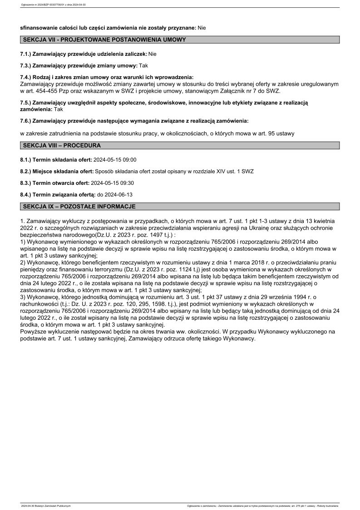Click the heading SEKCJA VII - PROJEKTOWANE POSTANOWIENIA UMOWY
[104, 40]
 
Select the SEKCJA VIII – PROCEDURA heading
[62, 146]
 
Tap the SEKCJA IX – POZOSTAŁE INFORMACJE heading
[79, 207]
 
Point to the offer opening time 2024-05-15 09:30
[113, 183]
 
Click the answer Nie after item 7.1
[153, 54]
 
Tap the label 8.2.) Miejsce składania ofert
[56, 172]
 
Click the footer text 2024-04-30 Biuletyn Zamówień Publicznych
[46, 505]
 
